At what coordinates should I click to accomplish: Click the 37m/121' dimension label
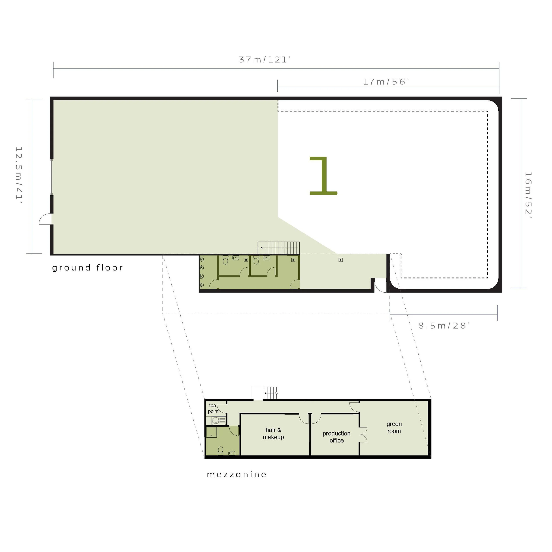tap(265, 60)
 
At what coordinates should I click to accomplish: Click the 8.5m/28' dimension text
tap(444, 326)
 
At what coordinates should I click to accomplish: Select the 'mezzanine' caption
tap(236, 474)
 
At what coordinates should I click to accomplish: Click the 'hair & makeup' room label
tap(273, 433)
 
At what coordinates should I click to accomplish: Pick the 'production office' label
tap(336, 437)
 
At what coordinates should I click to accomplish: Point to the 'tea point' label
tap(213, 408)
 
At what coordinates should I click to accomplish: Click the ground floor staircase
tap(279, 248)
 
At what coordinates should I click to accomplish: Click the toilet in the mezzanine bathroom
tap(221, 451)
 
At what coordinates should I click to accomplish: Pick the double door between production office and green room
tap(363, 435)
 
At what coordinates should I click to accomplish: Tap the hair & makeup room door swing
tap(304, 419)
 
